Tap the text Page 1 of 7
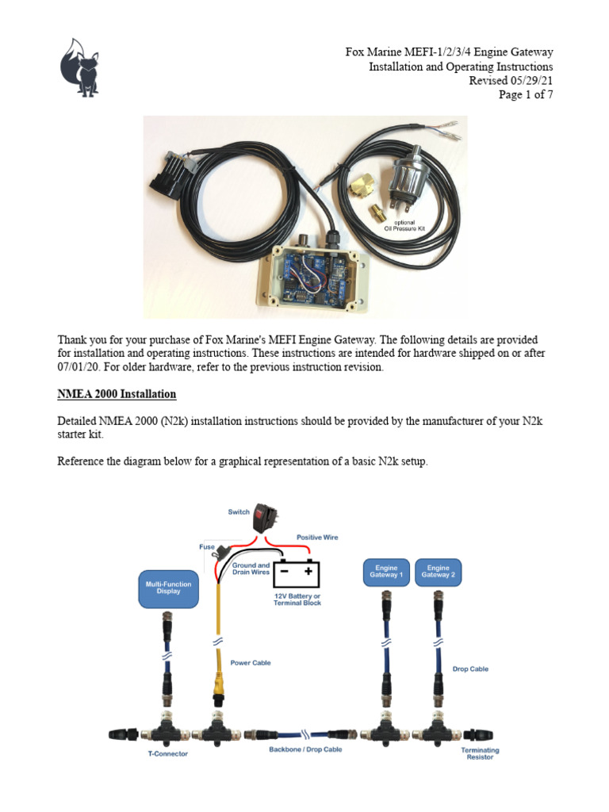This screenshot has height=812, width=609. (525, 95)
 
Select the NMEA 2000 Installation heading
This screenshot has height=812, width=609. (117, 394)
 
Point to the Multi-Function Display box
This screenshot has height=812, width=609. (167, 587)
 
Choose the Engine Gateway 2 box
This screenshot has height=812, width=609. (438, 572)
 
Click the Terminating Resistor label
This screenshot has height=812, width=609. (480, 753)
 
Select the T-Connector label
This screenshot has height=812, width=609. (169, 753)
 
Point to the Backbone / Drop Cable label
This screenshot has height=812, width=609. (304, 749)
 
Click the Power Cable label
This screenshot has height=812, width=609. (251, 662)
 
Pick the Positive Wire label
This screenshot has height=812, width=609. (317, 537)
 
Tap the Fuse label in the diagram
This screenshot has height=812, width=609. (206, 546)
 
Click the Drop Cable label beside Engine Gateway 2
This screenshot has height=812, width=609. (469, 668)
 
